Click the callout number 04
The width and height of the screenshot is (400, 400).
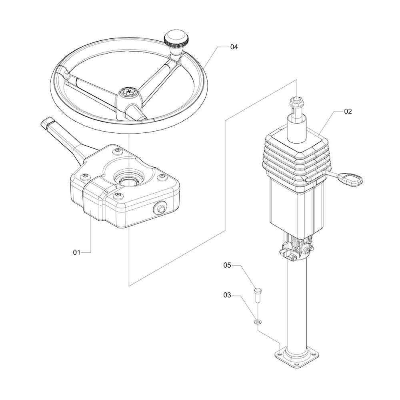(x=234, y=47)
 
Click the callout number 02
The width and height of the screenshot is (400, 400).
(x=348, y=111)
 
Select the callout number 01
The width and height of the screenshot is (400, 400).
(x=76, y=252)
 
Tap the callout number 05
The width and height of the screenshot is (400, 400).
(x=227, y=265)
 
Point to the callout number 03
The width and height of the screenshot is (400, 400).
(x=227, y=295)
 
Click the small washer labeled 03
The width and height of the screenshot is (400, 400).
(x=258, y=322)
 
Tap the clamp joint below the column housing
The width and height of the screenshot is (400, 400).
(x=297, y=251)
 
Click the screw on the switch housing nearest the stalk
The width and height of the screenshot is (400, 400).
(x=118, y=151)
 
